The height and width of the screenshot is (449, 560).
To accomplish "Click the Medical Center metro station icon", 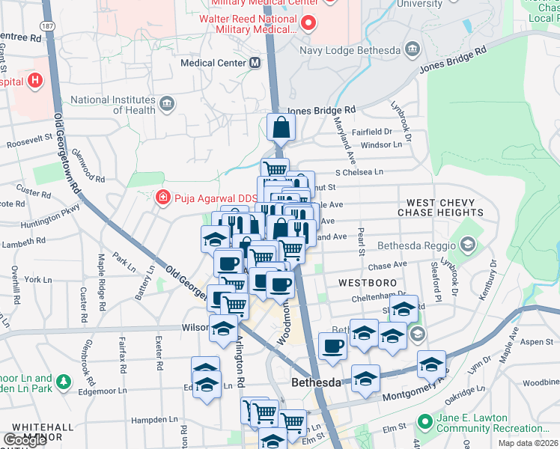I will (x=255, y=63).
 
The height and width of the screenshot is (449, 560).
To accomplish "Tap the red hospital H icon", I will (x=34, y=80).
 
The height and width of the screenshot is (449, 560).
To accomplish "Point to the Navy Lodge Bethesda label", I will (x=350, y=50).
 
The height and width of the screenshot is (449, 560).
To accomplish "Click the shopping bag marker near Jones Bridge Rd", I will (x=281, y=128).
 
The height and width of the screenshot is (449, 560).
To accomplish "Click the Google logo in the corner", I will (x=25, y=440).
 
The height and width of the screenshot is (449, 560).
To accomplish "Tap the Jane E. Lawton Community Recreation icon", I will (x=425, y=424).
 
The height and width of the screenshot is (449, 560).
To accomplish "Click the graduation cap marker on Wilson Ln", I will (x=223, y=328).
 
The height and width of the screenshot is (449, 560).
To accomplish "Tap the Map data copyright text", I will (x=528, y=443).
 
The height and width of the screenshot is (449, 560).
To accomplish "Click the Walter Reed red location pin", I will (x=307, y=24).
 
